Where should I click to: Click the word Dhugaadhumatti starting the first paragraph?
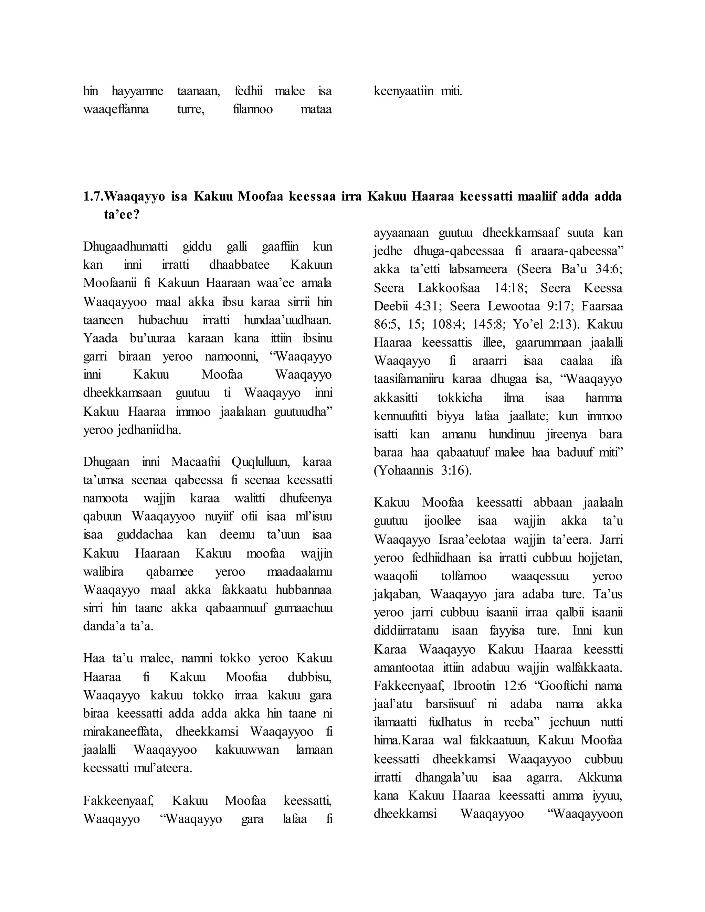coord(125,246)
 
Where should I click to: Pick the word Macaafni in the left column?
coord(195,462)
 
